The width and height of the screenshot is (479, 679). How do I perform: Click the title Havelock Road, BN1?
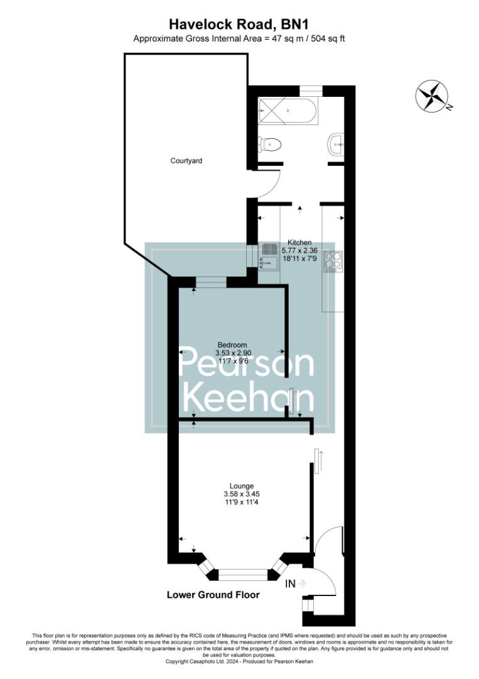pos(239,24)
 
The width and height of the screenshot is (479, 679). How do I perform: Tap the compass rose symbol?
pos(433,97)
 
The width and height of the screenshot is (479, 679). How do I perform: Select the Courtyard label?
pos(186,161)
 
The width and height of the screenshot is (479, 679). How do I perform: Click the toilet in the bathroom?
pos(270,145)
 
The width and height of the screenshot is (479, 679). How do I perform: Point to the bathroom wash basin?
pos(337,145)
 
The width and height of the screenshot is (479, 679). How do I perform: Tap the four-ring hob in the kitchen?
pos(333,260)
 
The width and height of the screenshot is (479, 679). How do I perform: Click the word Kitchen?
pos(299,242)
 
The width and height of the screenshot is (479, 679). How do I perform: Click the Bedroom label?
pos(232,345)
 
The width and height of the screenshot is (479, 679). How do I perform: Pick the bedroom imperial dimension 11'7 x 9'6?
pos(233,362)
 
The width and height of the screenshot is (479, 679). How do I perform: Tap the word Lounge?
pos(242,486)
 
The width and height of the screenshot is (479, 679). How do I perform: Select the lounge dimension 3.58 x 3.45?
pos(242,494)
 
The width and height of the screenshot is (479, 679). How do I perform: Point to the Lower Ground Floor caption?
pos(213,595)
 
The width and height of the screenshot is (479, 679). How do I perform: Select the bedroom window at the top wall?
pos(211,282)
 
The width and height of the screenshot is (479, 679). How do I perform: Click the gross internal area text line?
pos(239,38)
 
